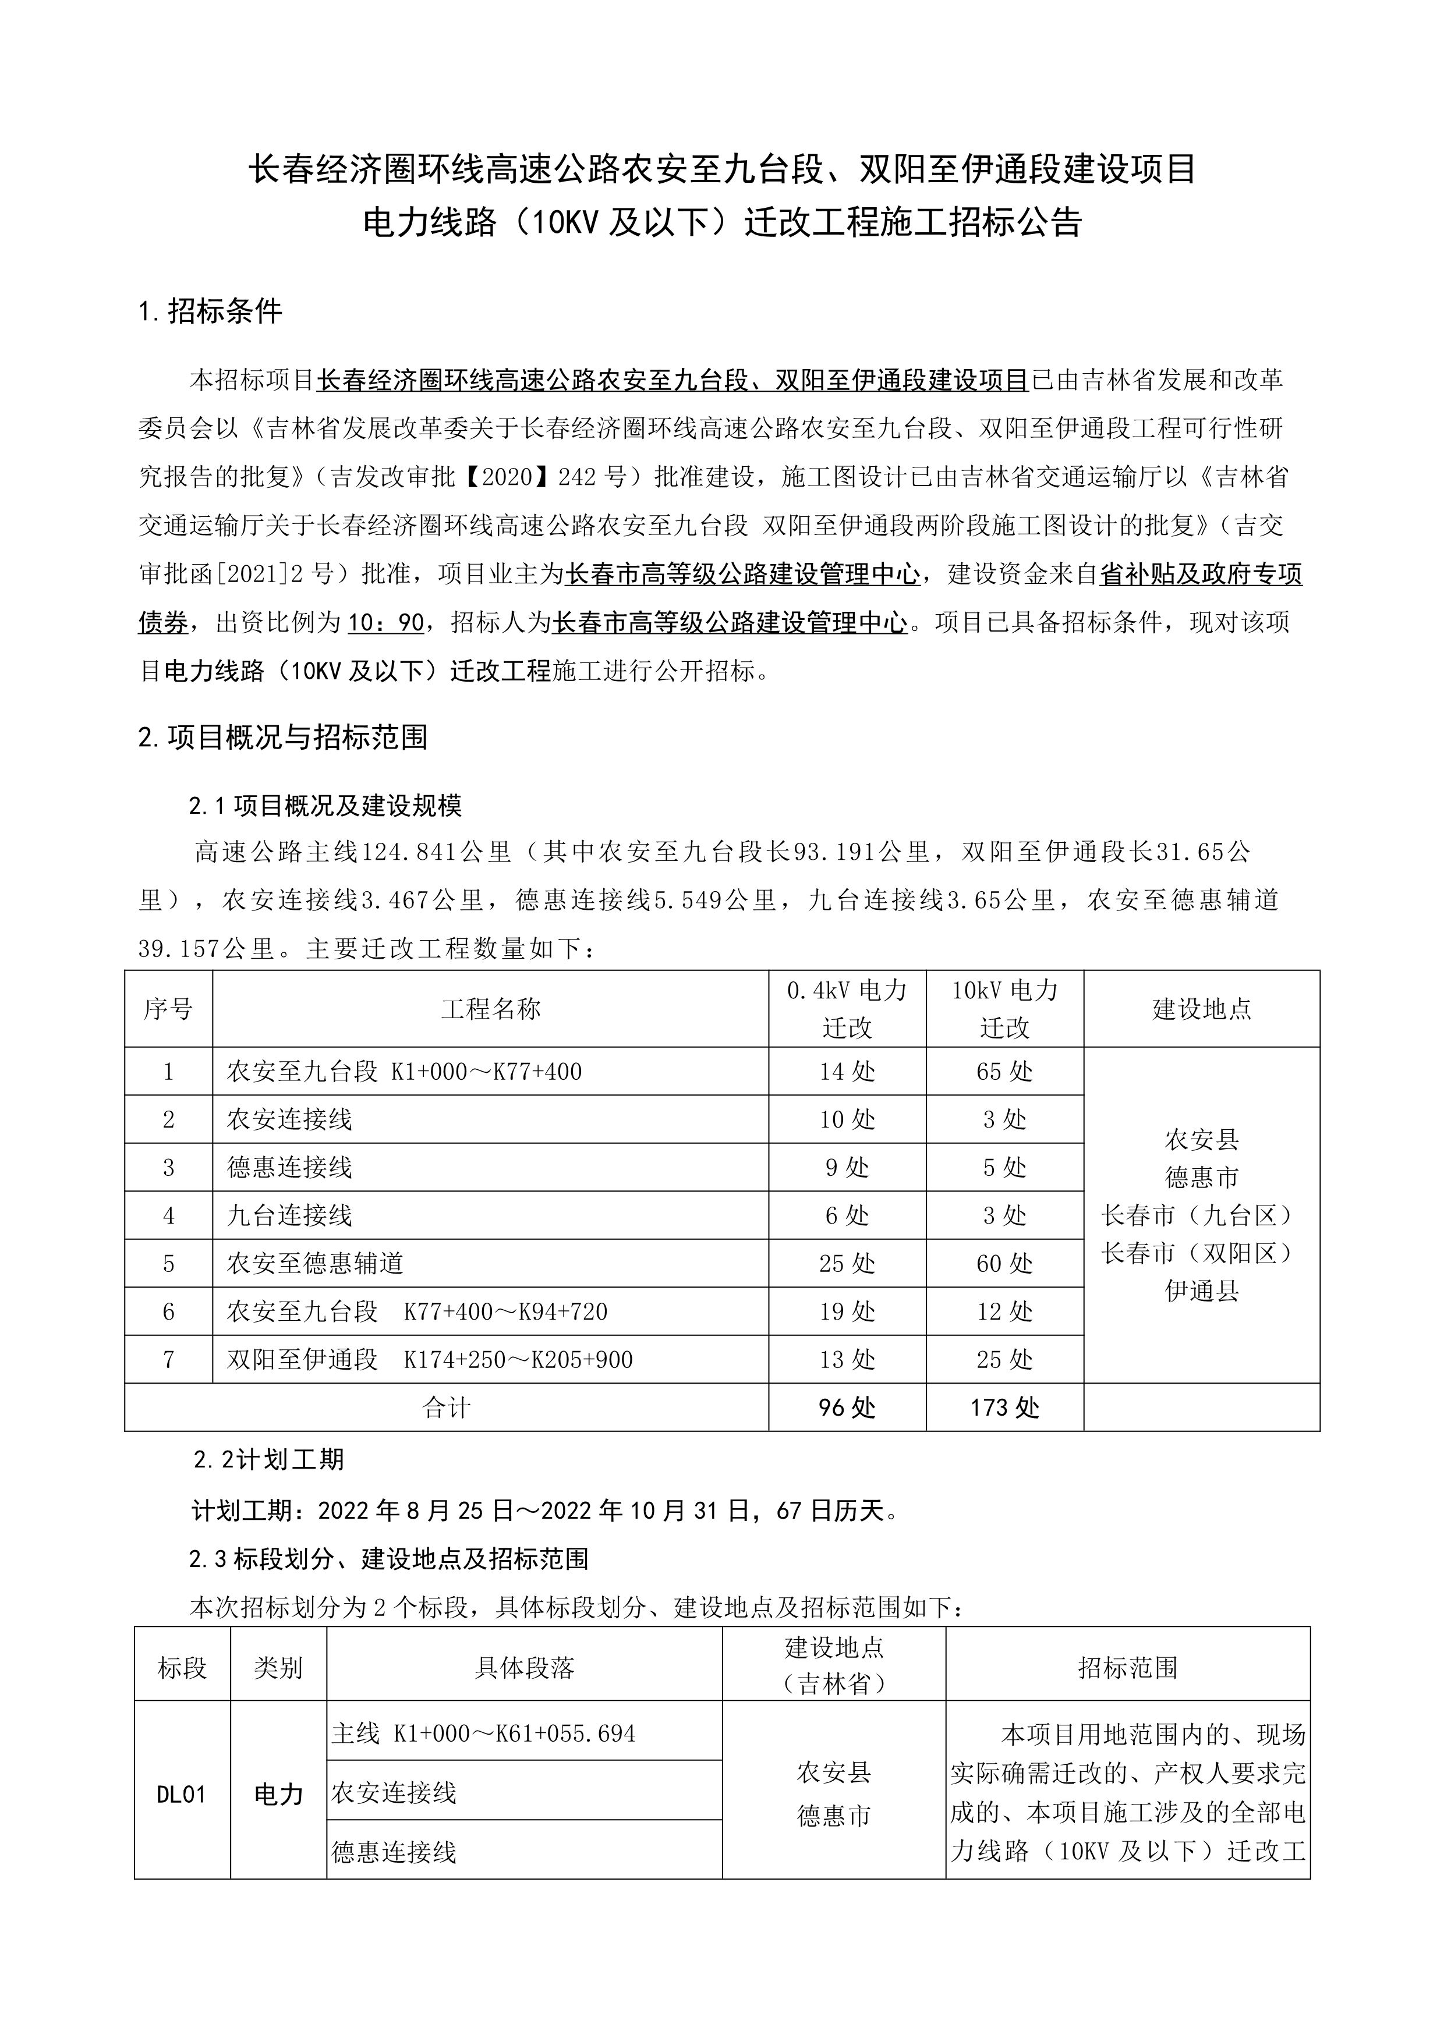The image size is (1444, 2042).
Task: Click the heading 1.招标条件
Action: pos(211,311)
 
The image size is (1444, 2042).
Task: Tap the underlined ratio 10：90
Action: pos(386,623)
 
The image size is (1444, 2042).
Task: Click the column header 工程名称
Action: pos(490,1009)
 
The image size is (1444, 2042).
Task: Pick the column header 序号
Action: pos(168,1009)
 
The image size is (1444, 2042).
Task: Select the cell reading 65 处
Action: pos(1004,1072)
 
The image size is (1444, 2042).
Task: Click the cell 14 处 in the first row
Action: pos(847,1072)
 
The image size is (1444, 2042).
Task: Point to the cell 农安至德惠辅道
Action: pos(316,1264)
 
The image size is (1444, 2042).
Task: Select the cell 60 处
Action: pos(1004,1264)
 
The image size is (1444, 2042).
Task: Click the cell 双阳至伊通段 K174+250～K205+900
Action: pos(430,1360)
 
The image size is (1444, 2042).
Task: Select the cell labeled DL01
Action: pos(182,1795)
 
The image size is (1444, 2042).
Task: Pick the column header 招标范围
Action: pos(1127,1668)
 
